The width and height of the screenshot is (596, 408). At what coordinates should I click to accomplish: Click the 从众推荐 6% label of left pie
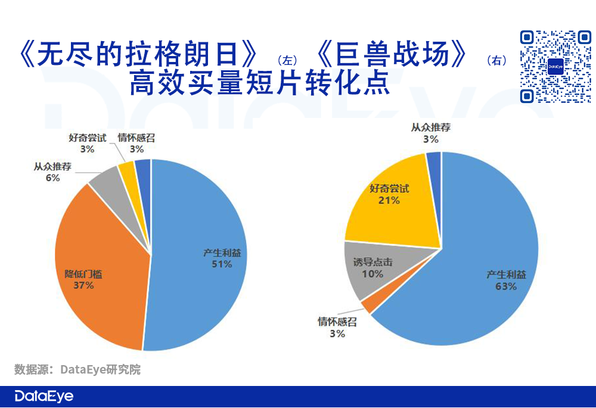click(52, 172)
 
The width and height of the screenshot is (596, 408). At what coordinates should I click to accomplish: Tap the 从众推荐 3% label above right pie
click(430, 133)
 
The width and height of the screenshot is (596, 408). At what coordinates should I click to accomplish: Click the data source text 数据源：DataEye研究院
click(77, 369)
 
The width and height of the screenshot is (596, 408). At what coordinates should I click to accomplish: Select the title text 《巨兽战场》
click(391, 56)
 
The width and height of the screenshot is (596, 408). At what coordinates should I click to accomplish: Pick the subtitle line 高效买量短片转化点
click(259, 83)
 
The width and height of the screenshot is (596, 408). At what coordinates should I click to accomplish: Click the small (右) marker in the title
click(496, 60)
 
